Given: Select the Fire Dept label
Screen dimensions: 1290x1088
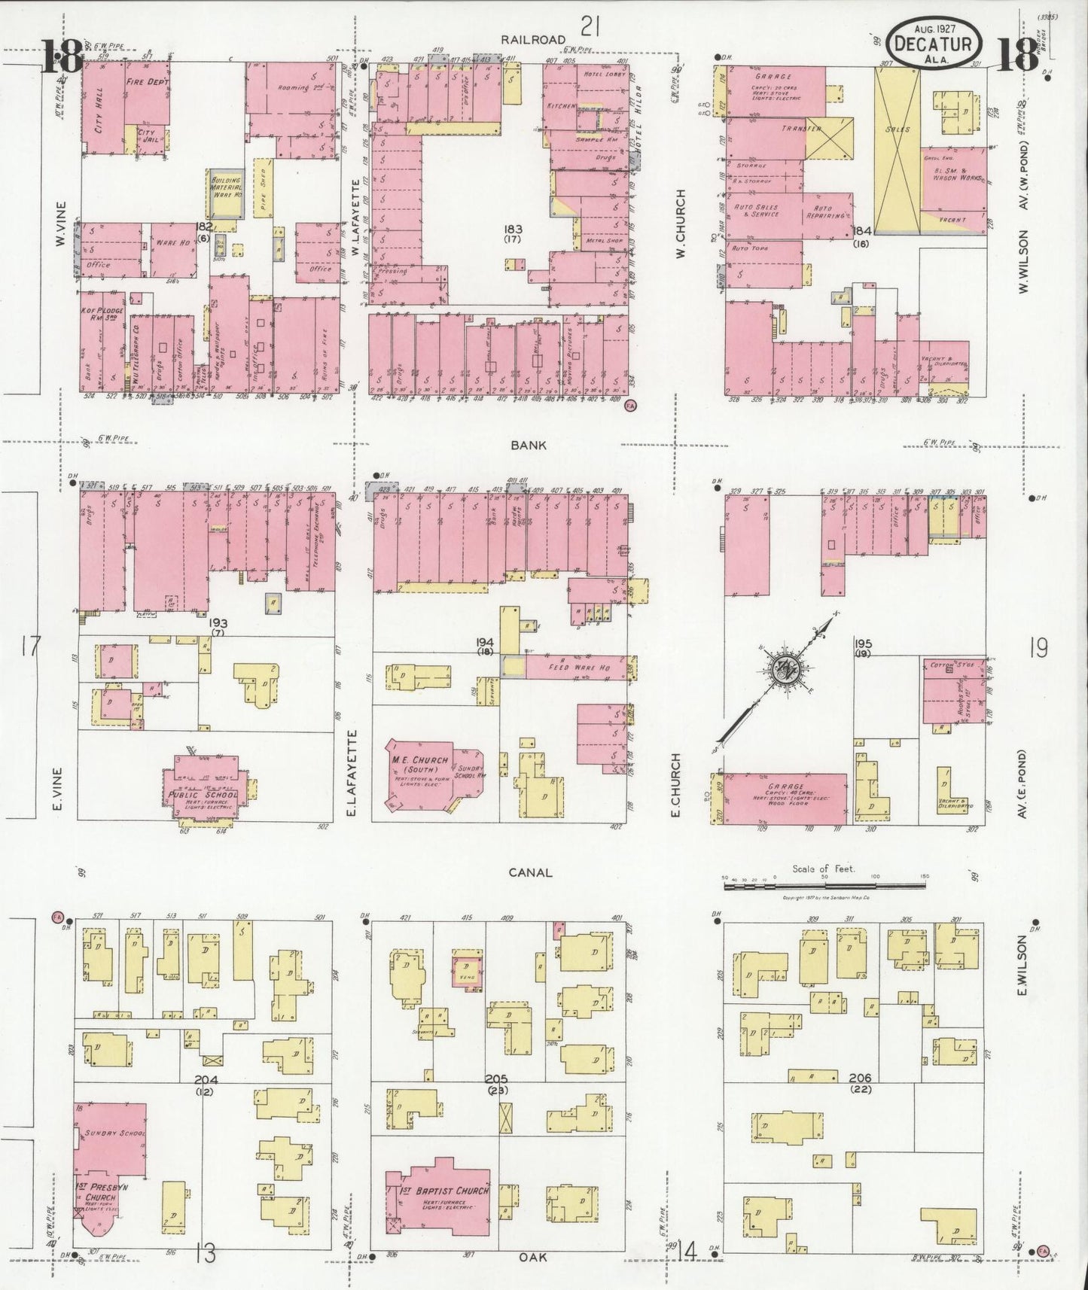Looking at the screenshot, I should (x=148, y=81).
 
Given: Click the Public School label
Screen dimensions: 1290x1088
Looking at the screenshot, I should (x=202, y=795).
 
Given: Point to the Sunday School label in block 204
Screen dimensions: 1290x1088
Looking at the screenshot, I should (x=105, y=1133).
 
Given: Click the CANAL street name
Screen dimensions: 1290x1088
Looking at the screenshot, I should (x=530, y=872).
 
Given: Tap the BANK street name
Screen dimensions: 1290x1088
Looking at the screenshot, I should (x=529, y=445).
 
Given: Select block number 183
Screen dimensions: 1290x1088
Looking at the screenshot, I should (x=514, y=229).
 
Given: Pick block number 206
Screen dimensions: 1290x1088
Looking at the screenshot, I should (x=859, y=1079).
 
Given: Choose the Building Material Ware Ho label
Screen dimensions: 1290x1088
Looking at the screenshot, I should (x=227, y=192).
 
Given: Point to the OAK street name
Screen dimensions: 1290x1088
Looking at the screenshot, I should (x=532, y=1256).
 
